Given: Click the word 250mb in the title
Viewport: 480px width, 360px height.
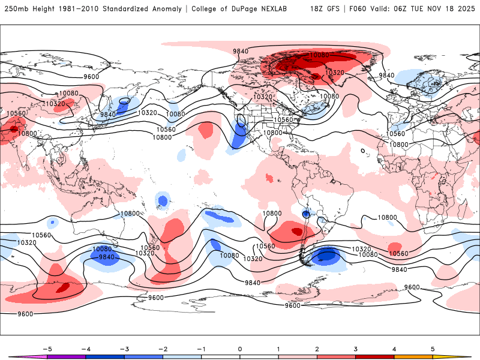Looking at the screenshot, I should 15,9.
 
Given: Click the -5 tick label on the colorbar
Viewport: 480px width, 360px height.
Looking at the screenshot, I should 47,349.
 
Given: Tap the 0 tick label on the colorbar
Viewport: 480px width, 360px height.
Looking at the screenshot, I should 240,349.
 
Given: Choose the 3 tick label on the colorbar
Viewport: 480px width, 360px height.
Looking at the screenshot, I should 355,349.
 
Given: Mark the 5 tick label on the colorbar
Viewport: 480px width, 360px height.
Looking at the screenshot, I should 433,349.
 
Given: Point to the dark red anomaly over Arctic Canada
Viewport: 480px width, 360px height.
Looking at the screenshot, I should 300,61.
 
